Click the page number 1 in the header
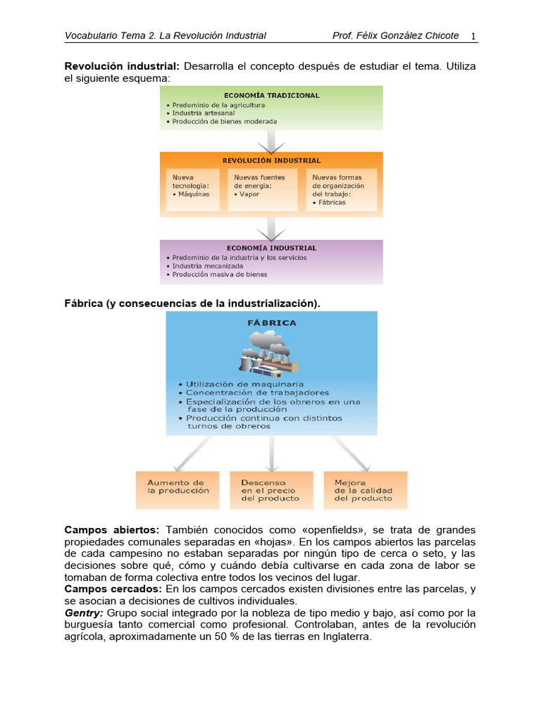pos(473,36)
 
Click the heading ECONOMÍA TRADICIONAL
pos(271,95)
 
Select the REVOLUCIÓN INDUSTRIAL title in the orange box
pos(271,161)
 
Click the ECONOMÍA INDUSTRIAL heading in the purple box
pos(271,248)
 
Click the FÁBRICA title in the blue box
pos(272,323)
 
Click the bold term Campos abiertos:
pos(112,529)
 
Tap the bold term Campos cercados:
pos(113,589)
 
